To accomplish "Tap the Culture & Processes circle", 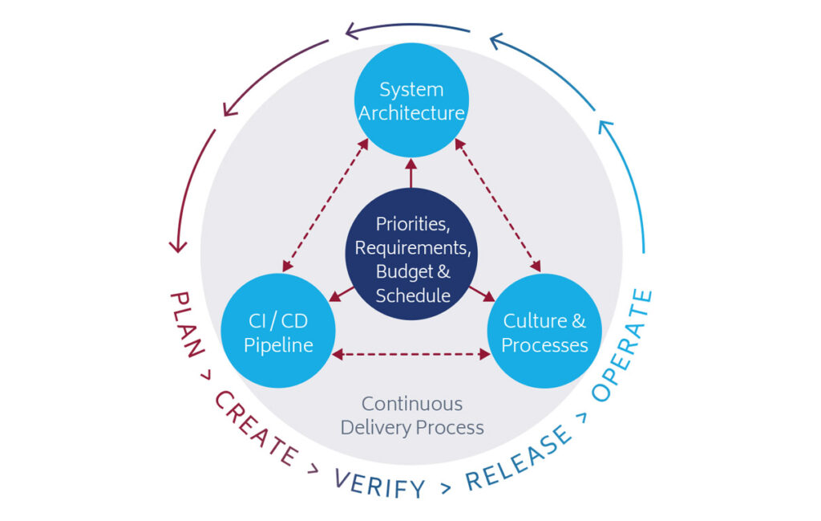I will (544, 332).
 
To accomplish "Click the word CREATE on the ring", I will (255, 426).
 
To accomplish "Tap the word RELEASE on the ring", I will (520, 457).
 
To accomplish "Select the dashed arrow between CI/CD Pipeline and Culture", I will (411, 353).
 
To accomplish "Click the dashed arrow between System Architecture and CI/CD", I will (325, 206).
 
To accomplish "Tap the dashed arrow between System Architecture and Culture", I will (498, 206).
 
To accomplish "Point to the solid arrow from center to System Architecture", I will (411, 172).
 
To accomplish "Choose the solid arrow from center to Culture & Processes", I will (481, 294).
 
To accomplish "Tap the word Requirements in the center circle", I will (410, 246).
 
